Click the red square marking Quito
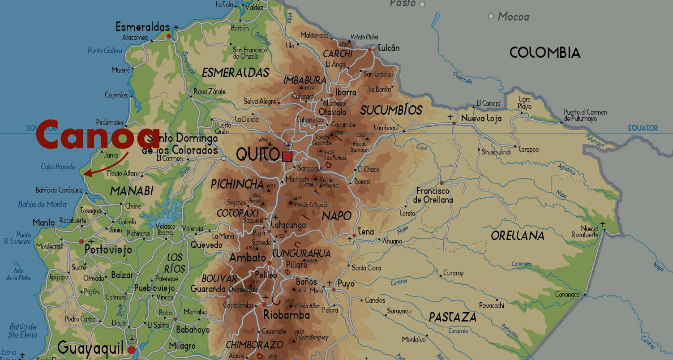coord(287,157)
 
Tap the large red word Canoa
coord(98,134)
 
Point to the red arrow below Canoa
coord(105,166)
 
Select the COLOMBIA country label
coord(545,53)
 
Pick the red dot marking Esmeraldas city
coord(169,36)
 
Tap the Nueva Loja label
coord(481,119)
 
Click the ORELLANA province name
coord(518,236)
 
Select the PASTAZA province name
coord(453,317)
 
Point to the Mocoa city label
coord(513,17)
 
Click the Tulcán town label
coord(389,48)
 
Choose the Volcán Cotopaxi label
coord(310,205)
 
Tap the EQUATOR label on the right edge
coord(643,128)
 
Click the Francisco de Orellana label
coord(433,196)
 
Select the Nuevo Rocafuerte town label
coord(585,232)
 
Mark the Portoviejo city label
coord(108,250)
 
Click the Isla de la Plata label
coord(18,274)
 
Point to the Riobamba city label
coord(287,315)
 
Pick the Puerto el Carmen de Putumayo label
coord(585,115)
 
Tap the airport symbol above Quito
coord(288,146)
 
